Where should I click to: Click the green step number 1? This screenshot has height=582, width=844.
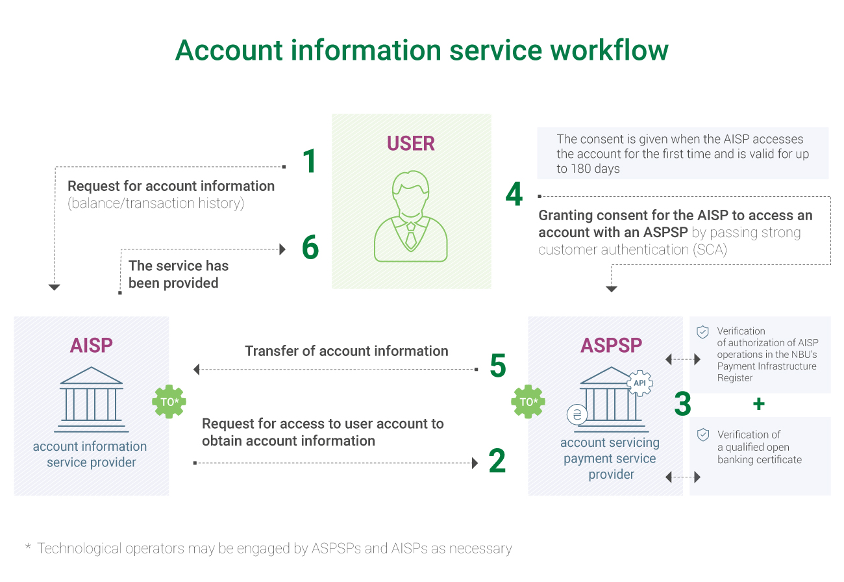(x=310, y=161)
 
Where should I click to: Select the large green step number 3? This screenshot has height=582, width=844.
(x=682, y=403)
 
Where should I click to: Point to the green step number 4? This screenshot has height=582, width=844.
(x=514, y=194)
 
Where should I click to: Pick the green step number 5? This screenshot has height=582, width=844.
(x=497, y=366)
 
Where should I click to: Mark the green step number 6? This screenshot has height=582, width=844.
(x=310, y=247)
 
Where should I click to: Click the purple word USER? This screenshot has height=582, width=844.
(x=411, y=144)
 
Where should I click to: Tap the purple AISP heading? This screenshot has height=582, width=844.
(x=92, y=346)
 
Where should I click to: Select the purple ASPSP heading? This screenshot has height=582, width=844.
(x=611, y=346)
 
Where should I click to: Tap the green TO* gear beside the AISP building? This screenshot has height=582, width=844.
(x=169, y=401)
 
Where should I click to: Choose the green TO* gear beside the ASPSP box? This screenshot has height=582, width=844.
(x=528, y=401)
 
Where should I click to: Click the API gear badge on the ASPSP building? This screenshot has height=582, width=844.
(x=640, y=383)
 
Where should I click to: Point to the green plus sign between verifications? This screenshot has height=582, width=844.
(x=758, y=404)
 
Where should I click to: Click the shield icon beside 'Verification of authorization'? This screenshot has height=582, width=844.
(x=702, y=333)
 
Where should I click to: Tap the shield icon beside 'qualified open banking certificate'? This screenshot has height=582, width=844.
(x=702, y=435)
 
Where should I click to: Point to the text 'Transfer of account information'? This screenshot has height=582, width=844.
(x=347, y=351)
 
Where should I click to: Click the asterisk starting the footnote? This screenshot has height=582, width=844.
(x=28, y=548)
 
